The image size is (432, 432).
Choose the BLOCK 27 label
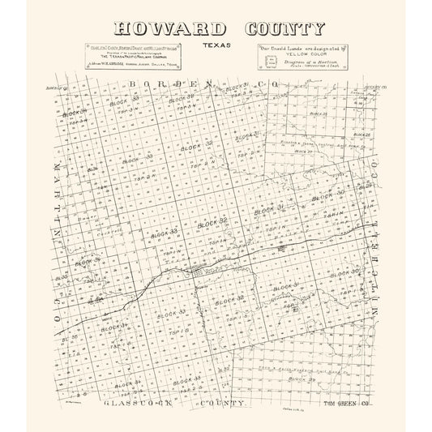tap(305, 152)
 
